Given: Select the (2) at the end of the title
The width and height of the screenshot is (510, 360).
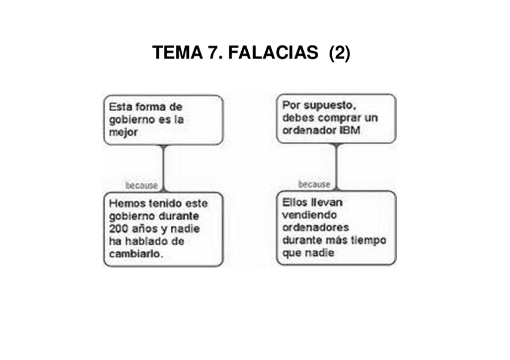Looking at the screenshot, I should [340, 53].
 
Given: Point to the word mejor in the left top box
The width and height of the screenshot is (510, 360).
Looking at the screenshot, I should [123, 132].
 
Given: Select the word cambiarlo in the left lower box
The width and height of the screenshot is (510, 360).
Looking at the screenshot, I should [137, 254].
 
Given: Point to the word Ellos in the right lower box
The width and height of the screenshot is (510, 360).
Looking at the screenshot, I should [295, 203].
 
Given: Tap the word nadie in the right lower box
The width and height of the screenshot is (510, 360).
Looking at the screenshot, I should [321, 253].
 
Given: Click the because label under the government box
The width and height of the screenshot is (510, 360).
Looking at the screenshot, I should [141, 185].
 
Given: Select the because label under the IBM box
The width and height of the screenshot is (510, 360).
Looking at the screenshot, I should [314, 185].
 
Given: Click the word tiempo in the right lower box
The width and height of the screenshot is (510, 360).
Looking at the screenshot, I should [370, 240].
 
